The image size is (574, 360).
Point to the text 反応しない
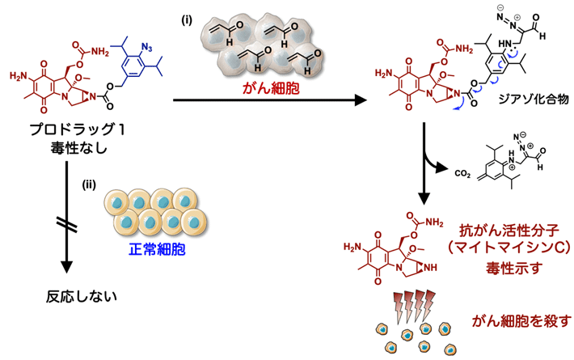point(78,295)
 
